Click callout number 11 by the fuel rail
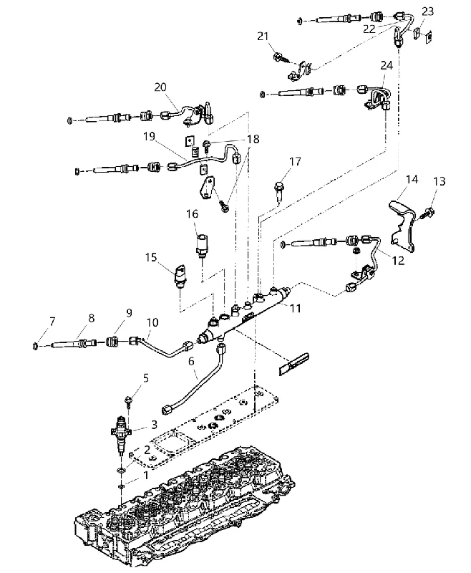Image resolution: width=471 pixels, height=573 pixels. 295,309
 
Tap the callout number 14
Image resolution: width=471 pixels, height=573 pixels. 412,180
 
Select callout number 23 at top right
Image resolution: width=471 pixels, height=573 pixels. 427,11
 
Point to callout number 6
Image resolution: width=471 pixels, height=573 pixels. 191,361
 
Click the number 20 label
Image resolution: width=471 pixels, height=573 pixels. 160,87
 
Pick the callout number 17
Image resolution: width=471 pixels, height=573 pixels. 295,162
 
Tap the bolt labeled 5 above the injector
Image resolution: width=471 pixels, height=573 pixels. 129,400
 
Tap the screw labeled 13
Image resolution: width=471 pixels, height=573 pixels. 427,213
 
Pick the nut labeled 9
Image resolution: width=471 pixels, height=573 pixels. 112,342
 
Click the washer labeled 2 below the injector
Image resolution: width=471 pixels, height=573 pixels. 120,469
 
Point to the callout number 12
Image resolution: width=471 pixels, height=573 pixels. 397,261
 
